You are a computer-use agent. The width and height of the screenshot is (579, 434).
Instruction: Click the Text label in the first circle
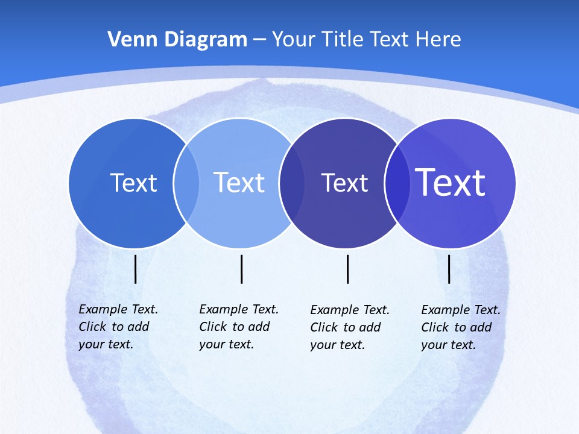133,183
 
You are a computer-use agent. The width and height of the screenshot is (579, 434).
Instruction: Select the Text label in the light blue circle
239,183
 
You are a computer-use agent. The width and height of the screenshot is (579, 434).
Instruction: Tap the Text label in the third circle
344,183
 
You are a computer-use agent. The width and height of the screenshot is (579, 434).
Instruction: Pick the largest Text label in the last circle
451,182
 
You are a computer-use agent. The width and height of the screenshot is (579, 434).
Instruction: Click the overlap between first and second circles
186,183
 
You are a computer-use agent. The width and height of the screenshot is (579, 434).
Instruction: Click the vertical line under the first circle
136,269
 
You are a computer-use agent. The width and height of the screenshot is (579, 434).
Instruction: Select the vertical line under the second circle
241,269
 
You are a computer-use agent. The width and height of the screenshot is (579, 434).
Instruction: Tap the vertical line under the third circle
348,269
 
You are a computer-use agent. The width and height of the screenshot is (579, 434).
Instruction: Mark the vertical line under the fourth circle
449,269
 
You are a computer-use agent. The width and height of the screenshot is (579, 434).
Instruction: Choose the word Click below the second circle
213,327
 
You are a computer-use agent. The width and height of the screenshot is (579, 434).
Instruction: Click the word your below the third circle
323,345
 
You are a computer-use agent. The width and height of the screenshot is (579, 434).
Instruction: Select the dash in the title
259,40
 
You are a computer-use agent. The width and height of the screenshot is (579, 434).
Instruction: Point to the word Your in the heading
291,40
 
